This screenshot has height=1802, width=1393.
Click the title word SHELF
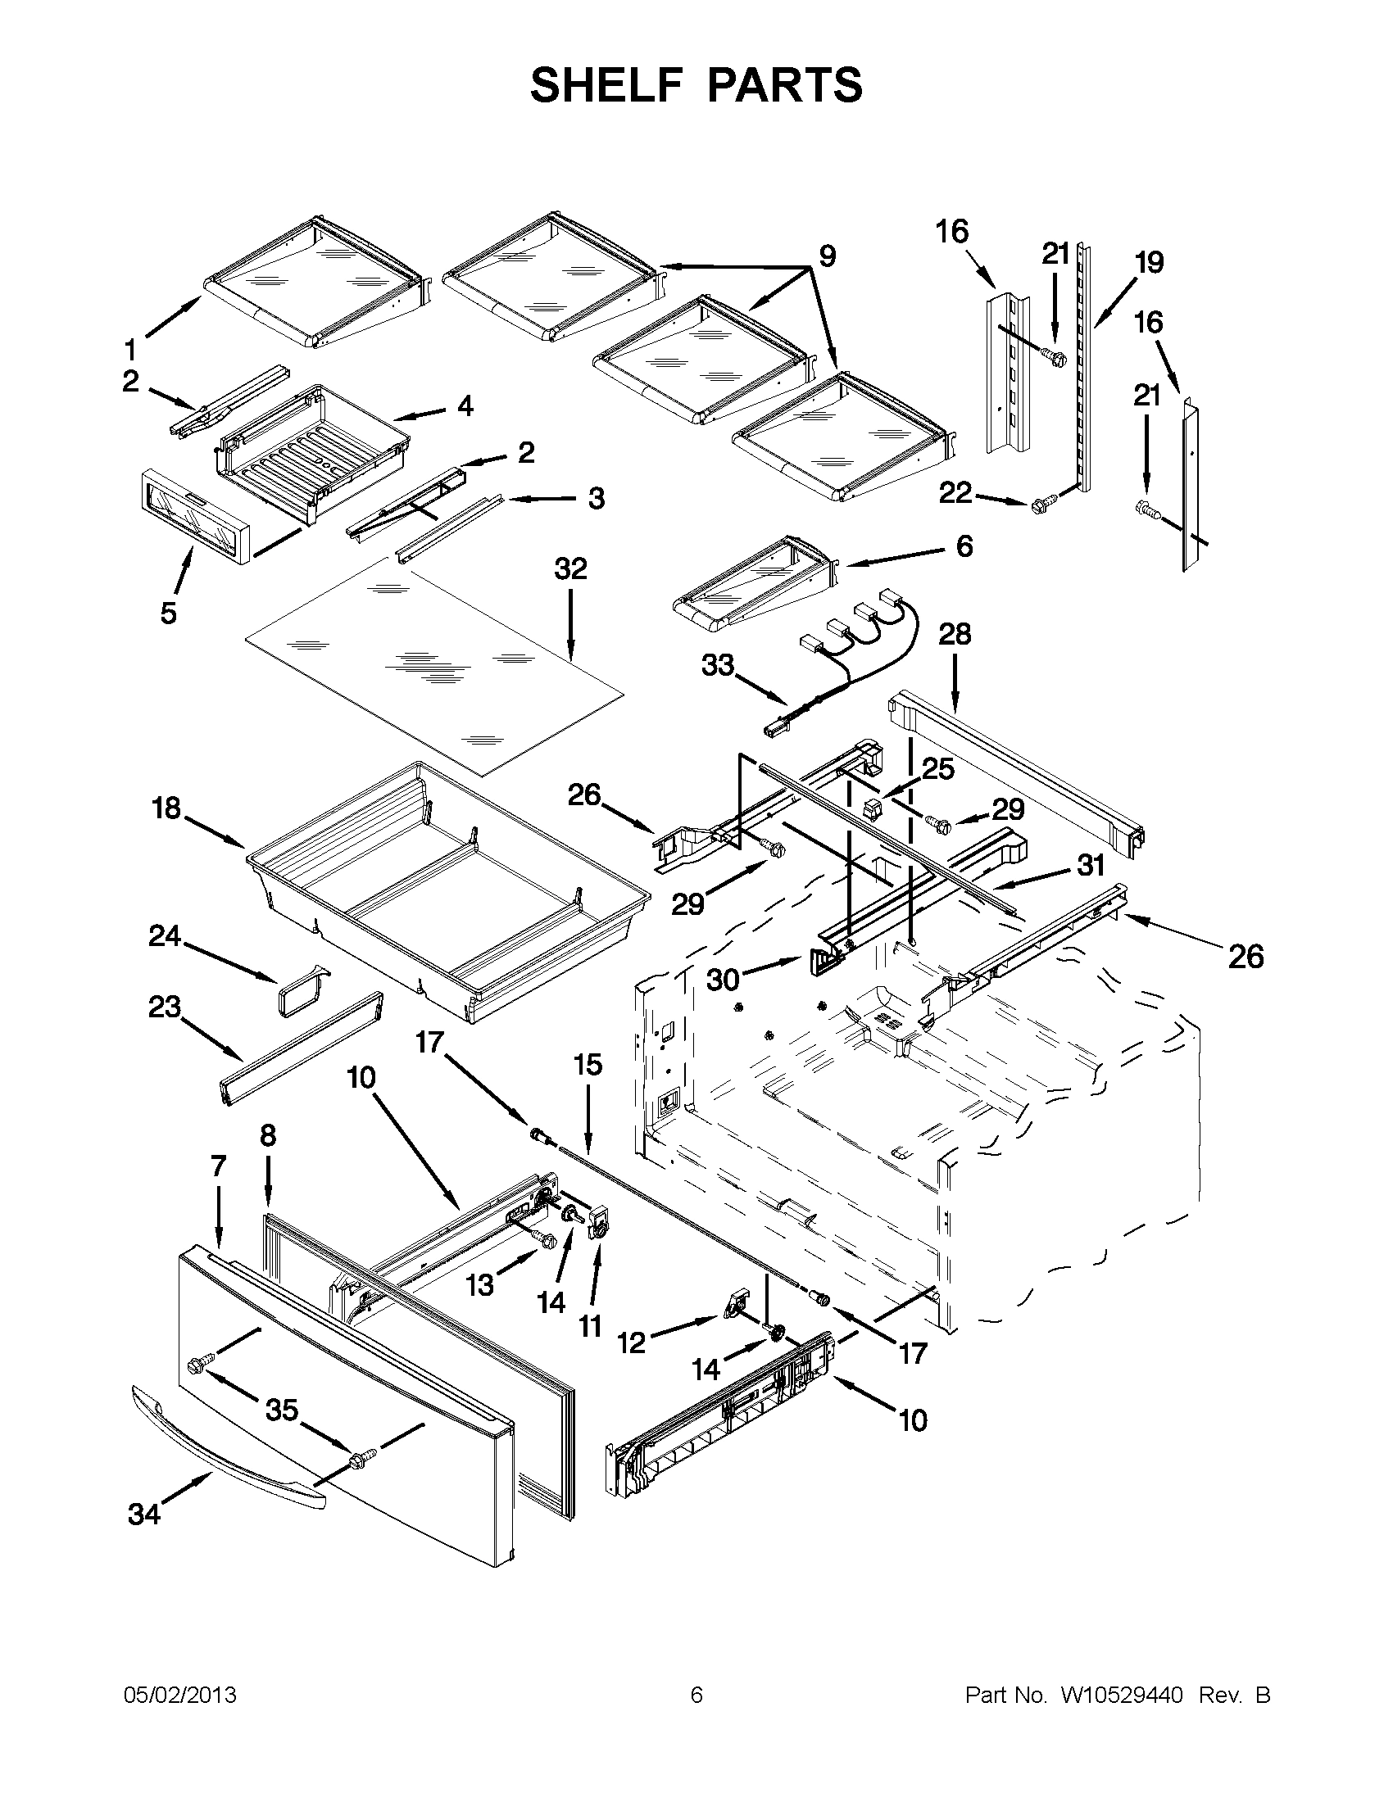coord(605,86)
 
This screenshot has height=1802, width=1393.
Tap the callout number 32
coord(571,568)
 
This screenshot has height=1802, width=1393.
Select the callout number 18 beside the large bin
coord(166,808)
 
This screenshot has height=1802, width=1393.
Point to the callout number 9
coord(827,256)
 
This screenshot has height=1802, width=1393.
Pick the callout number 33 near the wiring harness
coord(717,664)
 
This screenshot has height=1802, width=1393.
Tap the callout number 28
coord(955,635)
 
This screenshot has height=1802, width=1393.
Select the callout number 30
coord(723,980)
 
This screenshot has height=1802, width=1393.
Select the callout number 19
coord(1148,262)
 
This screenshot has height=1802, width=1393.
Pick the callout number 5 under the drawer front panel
coord(168,613)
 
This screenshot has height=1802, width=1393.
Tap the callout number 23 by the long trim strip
coord(164,1007)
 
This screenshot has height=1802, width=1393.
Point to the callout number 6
coord(964,546)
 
